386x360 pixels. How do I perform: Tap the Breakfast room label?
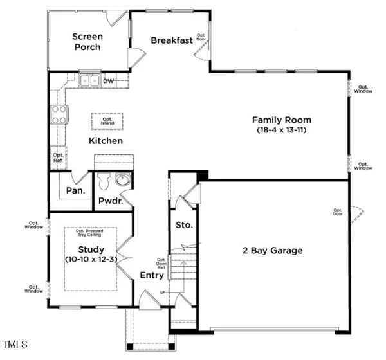point(172,40)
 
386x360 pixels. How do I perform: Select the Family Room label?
point(281,120)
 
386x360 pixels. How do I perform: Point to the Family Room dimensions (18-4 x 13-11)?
point(281,131)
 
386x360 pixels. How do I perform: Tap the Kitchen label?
point(106,140)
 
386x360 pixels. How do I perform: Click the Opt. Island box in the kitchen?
point(107,121)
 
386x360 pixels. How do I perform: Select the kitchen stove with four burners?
point(59,115)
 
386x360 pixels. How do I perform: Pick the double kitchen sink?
point(90,81)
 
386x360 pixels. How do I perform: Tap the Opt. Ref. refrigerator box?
point(59,157)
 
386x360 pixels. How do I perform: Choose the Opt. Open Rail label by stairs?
point(161,264)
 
